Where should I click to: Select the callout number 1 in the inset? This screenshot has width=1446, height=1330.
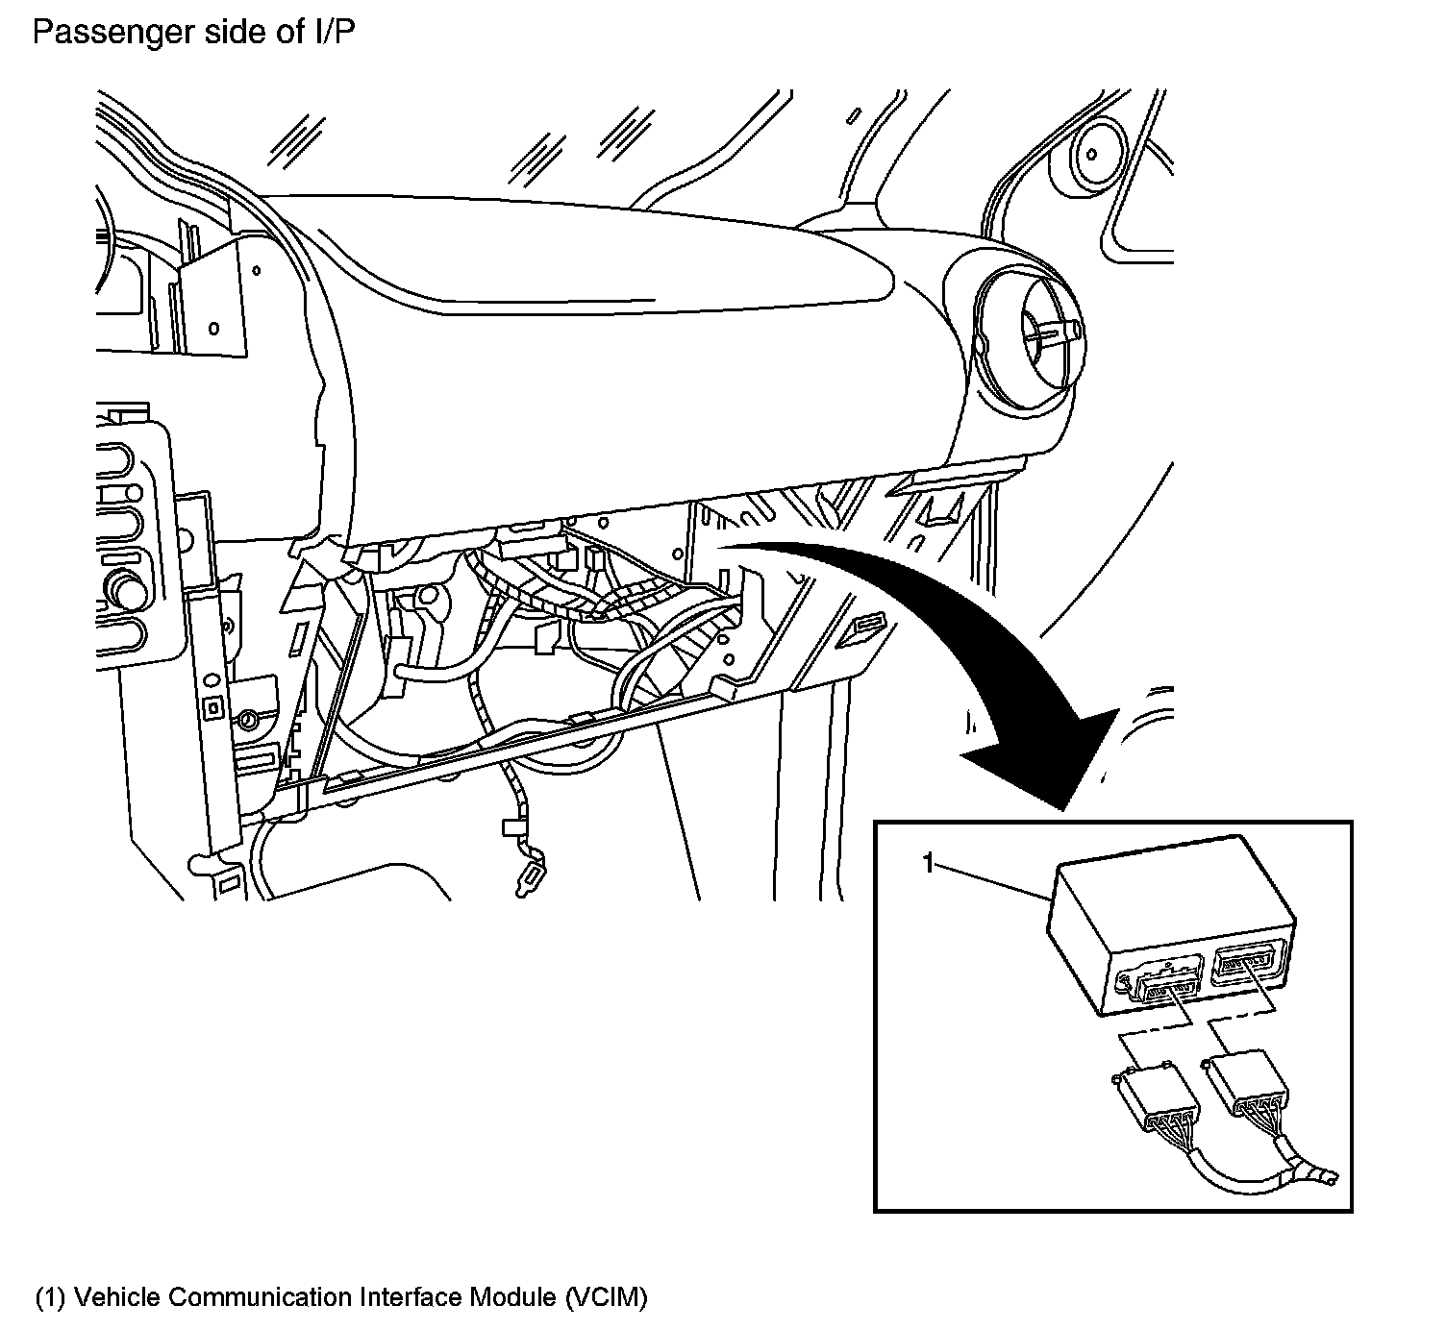[x=928, y=864]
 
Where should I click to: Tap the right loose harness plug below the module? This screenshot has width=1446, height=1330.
[x=1246, y=1081]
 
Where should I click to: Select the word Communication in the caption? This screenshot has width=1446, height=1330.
[x=259, y=1297]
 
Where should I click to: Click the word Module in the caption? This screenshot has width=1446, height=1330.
[x=511, y=1297]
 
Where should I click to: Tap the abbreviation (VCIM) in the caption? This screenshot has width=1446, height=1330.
[x=607, y=1297]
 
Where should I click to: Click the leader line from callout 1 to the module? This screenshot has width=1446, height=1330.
[x=990, y=881]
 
